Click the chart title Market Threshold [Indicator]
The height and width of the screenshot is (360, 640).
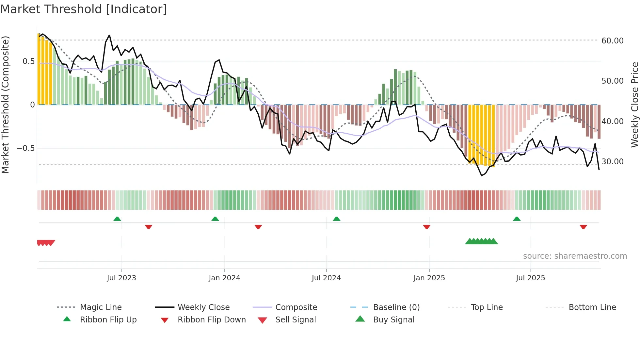click(84, 9)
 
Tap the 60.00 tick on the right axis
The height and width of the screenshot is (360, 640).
click(612, 41)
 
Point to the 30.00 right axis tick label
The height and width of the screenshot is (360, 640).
click(612, 162)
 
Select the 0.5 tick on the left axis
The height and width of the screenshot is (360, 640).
click(29, 61)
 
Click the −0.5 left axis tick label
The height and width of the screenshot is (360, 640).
click(26, 148)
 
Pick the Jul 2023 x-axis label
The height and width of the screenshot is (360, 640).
click(121, 278)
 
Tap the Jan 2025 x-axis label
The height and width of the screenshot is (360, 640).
click(429, 278)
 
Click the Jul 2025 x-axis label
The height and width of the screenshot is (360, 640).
click(530, 278)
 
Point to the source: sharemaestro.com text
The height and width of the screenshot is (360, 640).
click(575, 256)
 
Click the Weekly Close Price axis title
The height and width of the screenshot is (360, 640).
click(634, 105)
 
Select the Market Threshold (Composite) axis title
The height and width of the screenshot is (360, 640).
click(5, 105)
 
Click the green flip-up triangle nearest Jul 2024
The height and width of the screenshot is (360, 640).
click(337, 219)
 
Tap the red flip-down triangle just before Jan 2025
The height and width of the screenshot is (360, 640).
click(426, 227)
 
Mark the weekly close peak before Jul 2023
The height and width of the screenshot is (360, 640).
click(109, 35)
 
